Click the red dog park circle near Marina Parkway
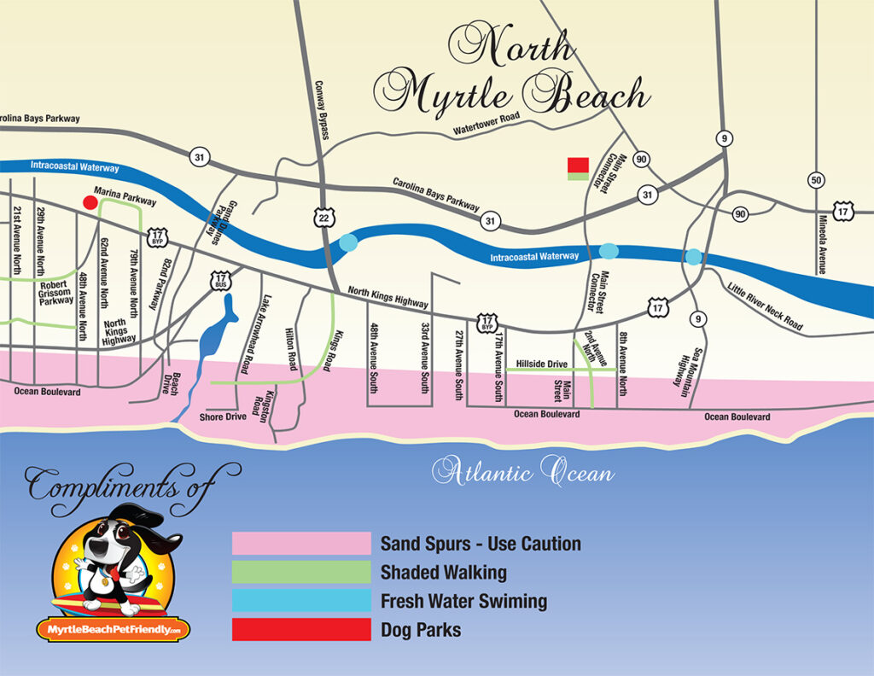[x=89, y=202]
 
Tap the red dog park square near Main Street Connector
[x=578, y=166]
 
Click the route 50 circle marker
[x=816, y=180]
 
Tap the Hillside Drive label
[x=541, y=364]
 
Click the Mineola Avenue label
[x=823, y=243]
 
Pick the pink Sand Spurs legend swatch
[x=301, y=544]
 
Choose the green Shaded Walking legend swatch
[x=301, y=572]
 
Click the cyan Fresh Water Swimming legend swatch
[x=301, y=600]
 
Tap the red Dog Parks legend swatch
[x=301, y=629]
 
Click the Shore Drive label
[x=223, y=417]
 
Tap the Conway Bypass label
[x=323, y=108]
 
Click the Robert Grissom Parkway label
[x=55, y=293]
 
